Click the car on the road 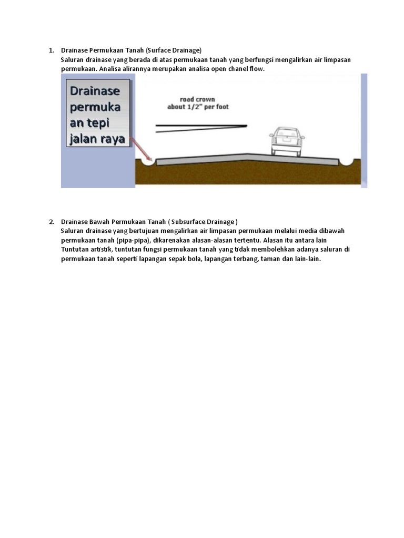287,142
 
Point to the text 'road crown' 197,99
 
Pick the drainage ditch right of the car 348,161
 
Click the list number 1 52,50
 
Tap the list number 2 52,222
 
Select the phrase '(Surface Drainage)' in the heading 174,50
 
